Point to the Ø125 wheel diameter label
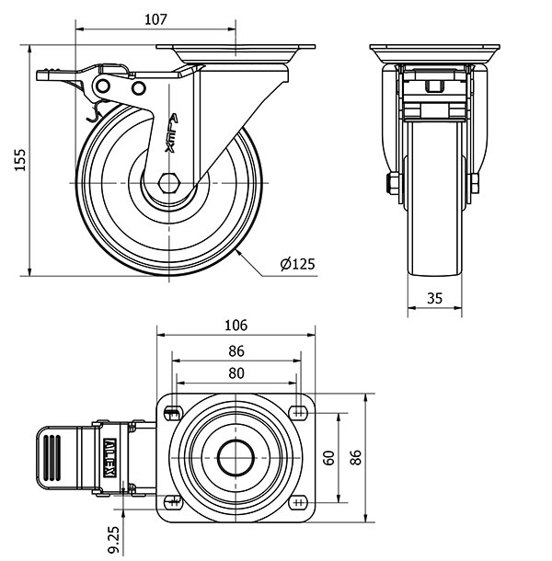pos(297,264)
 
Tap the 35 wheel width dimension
pos(434,297)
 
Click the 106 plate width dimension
pos(236,325)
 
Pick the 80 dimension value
pos(236,372)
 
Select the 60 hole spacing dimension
pos(328,456)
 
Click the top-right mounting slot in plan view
pos(297,409)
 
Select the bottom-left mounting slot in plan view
pos(173,501)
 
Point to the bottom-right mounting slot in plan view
pos(297,501)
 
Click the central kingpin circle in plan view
pos(236,456)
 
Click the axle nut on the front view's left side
pos(393,183)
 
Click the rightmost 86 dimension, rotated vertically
pos(356,456)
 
